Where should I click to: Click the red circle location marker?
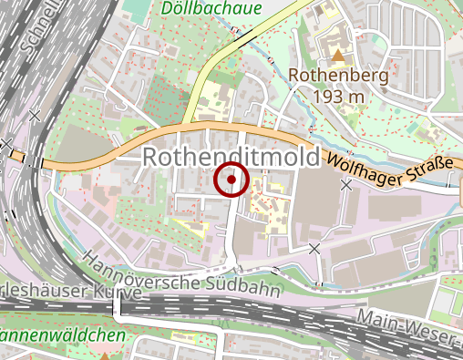[231, 180]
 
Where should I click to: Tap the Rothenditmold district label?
[231, 158]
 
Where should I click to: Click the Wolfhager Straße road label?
[390, 170]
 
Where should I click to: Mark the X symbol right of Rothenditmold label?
[345, 184]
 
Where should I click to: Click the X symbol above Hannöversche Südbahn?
[314, 248]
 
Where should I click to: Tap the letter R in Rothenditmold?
[150, 158]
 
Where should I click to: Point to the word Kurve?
[121, 293]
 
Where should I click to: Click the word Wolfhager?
[362, 164]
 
